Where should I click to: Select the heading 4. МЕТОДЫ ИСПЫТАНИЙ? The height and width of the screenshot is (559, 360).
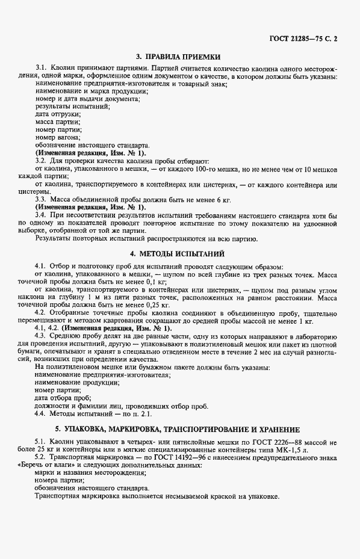pyautogui.click(x=179, y=253)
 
